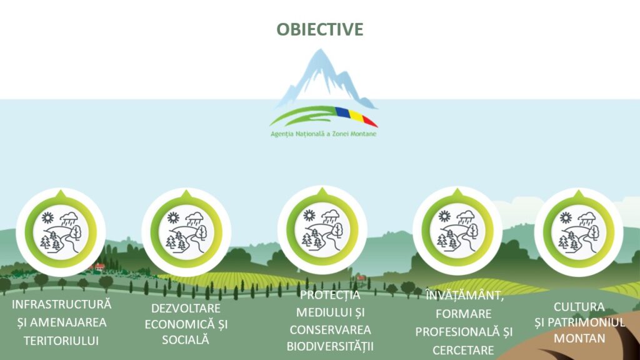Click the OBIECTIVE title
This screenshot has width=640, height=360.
pos(320,29)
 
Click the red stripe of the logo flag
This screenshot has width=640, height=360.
pos(369,121)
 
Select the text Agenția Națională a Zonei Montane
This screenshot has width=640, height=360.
pos(324,134)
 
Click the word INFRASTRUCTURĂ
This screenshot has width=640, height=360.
pos(61,304)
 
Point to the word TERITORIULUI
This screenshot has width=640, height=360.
pos(61,341)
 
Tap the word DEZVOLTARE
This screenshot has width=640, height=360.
pos(186,308)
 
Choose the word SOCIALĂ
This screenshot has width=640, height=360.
pos(186,339)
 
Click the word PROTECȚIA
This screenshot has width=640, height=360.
pos(330,295)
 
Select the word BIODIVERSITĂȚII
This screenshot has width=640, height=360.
pos(330,346)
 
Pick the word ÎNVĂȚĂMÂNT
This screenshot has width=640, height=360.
pos(464,296)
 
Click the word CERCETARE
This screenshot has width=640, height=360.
pos(463,350)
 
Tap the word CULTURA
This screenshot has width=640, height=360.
pos(579,306)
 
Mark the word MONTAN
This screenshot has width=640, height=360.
pos(579,338)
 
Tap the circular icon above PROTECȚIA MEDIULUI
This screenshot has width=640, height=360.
pos(322,230)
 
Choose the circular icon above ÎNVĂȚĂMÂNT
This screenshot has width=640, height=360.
pos(457,231)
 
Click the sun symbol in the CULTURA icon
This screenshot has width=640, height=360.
pos(566,217)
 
